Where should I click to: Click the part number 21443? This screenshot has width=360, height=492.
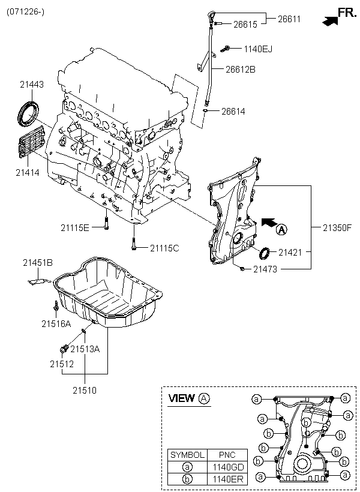(32, 85)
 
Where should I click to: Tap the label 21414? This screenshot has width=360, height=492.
(28, 172)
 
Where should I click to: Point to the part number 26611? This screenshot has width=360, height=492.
(289, 19)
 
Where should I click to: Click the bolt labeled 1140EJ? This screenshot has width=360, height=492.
(226, 49)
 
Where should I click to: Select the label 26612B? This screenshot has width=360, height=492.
(241, 70)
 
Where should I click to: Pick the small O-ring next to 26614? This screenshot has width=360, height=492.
(205, 111)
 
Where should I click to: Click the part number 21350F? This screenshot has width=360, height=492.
(337, 228)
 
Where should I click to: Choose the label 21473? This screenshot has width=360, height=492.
(265, 269)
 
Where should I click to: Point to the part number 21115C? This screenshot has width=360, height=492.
(164, 248)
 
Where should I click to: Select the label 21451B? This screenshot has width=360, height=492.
(38, 263)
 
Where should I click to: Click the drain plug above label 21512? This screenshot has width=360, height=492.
(64, 349)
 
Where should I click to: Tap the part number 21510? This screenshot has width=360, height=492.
(85, 391)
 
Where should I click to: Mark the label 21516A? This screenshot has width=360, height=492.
(56, 323)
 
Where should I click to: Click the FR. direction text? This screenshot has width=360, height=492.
(347, 12)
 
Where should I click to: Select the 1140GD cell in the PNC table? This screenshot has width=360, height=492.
(228, 467)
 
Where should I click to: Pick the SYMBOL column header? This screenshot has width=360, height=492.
(187, 455)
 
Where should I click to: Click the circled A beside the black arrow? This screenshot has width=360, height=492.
(281, 230)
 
